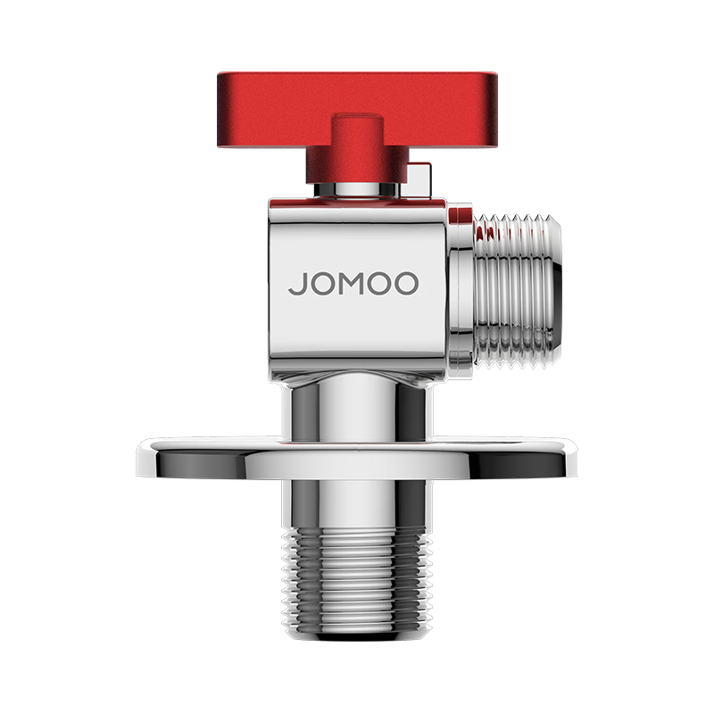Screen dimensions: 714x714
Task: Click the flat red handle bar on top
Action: click(357, 98)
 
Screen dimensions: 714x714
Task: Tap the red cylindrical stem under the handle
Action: click(357, 152)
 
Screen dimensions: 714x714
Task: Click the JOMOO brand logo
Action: click(353, 285)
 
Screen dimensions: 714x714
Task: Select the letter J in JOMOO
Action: click(295, 285)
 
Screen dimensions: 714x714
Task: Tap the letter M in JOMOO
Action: click(353, 285)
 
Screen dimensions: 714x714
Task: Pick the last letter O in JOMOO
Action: click(407, 285)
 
